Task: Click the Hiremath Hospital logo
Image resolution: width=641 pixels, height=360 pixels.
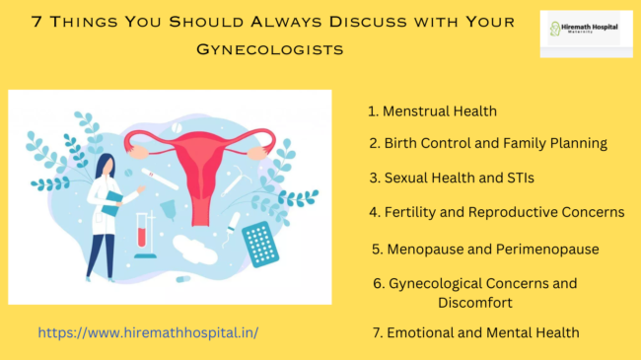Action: (586, 33)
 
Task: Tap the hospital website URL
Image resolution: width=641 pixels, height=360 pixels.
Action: (148, 332)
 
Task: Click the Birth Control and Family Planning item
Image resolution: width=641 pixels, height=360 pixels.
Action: (487, 143)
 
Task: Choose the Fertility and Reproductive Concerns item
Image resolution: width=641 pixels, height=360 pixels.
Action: (496, 212)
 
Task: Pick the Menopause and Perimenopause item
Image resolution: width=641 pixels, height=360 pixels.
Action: (485, 249)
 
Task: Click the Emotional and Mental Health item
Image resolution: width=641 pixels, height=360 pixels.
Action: (475, 332)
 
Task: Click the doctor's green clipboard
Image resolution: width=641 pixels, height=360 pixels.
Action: (116, 197)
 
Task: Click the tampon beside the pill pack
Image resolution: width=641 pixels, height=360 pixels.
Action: (228, 232)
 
